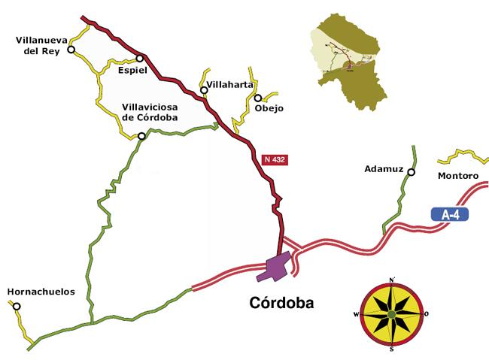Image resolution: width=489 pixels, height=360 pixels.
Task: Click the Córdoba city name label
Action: [x=280, y=304]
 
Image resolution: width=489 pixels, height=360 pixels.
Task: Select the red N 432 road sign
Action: [x=275, y=159]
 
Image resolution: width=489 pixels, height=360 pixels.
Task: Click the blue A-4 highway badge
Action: [x=451, y=215]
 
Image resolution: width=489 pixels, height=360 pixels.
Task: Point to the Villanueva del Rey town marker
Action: [x=71, y=50]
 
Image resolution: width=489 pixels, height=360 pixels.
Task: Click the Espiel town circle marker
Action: [x=140, y=59]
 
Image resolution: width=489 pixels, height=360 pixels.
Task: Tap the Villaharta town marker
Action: [x=204, y=91]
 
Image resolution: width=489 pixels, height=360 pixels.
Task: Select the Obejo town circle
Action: [x=257, y=98]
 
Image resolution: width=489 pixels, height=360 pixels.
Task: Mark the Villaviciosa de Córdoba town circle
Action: [x=141, y=136]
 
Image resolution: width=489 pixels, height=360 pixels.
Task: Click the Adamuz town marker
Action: [x=411, y=172]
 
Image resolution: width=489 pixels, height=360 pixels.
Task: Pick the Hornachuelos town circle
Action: [x=17, y=306]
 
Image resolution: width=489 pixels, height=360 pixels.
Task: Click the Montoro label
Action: [x=457, y=176]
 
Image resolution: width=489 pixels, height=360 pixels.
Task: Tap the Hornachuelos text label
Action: [x=41, y=292]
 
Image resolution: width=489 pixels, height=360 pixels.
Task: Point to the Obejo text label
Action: [x=269, y=108]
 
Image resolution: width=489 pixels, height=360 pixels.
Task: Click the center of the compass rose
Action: [x=392, y=314]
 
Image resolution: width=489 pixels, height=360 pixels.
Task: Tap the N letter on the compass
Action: [x=392, y=280]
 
